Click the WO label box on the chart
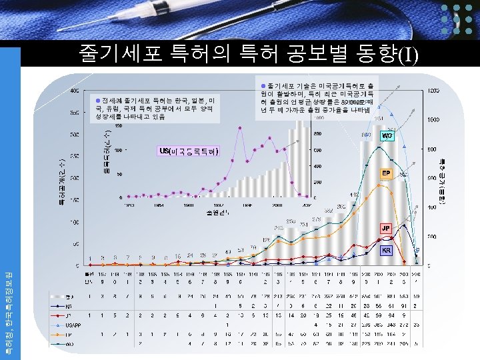387,135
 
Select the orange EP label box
386,173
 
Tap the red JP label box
386,228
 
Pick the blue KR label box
386,251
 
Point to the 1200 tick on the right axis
433,90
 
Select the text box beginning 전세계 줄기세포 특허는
154,108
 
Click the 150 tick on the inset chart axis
118,125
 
